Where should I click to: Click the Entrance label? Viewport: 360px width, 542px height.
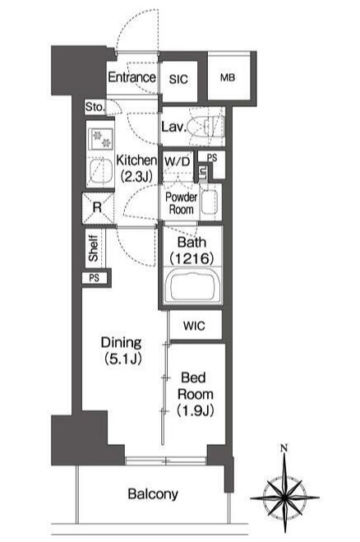point(132,77)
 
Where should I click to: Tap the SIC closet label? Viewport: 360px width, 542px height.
point(178,79)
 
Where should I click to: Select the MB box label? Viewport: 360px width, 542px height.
point(228,77)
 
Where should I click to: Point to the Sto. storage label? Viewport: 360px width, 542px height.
point(95,107)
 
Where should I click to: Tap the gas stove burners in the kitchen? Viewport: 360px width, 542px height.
point(100,139)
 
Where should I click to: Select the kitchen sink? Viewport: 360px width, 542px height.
point(100,172)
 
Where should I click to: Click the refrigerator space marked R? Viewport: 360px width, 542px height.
point(98,207)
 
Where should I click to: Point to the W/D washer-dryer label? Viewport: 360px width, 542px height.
point(177,161)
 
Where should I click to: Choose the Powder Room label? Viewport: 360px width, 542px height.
point(181,203)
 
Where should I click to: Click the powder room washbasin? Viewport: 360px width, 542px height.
point(210,202)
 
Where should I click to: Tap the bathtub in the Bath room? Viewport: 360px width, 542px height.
point(192,285)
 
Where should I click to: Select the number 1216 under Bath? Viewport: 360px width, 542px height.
point(192,258)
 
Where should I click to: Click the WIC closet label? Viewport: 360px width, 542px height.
point(194,326)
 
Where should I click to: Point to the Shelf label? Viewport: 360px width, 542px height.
point(93,248)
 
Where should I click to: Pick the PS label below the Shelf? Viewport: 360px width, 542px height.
point(94,278)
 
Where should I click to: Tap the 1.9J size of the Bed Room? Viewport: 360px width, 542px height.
point(196,410)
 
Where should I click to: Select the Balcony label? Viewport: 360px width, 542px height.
point(153,494)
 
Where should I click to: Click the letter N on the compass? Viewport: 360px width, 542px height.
point(284,449)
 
